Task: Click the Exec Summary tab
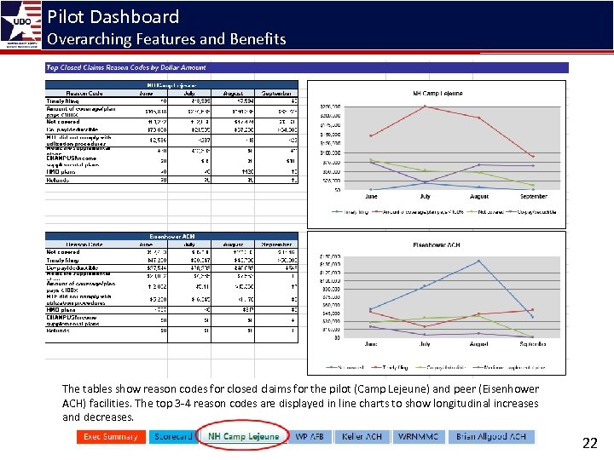pyautogui.click(x=110, y=437)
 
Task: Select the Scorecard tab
pyautogui.click(x=172, y=437)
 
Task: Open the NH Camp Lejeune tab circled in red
pyautogui.click(x=243, y=437)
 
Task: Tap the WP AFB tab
pyautogui.click(x=310, y=437)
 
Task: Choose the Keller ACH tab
pyautogui.click(x=362, y=437)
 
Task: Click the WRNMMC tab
pyautogui.click(x=418, y=437)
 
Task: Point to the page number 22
pyautogui.click(x=589, y=443)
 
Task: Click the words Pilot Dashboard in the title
pyautogui.click(x=113, y=16)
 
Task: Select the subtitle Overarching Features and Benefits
pyautogui.click(x=166, y=39)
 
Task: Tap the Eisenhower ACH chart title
pyautogui.click(x=436, y=244)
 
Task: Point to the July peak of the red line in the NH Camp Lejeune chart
pyautogui.click(x=425, y=106)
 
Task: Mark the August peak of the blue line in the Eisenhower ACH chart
pyautogui.click(x=479, y=261)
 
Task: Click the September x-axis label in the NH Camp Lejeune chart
pyautogui.click(x=533, y=195)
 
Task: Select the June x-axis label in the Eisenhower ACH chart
pyautogui.click(x=370, y=344)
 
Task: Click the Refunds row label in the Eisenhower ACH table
pyautogui.click(x=57, y=330)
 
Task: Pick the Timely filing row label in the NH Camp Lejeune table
pyautogui.click(x=63, y=101)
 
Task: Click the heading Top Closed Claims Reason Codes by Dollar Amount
pyautogui.click(x=125, y=67)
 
